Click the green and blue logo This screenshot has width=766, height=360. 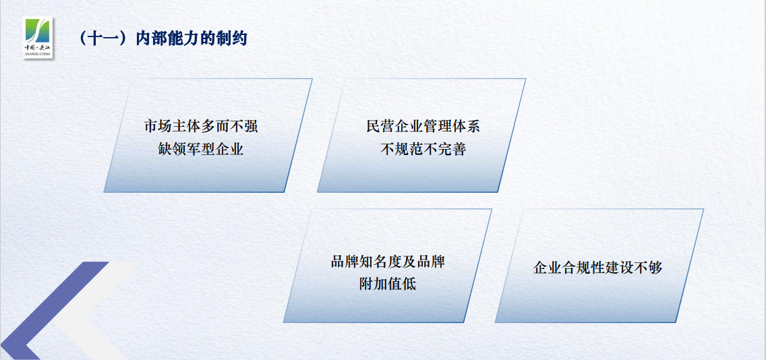(38, 37)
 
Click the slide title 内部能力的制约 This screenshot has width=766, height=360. (191, 38)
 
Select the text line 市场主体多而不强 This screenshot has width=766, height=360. (201, 126)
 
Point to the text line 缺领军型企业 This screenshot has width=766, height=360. (201, 149)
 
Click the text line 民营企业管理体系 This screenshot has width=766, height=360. (423, 126)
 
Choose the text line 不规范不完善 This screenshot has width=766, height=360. (423, 149)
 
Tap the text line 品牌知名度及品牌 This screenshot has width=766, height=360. (388, 261)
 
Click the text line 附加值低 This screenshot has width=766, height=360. (388, 283)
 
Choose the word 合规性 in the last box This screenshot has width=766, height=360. (583, 268)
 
